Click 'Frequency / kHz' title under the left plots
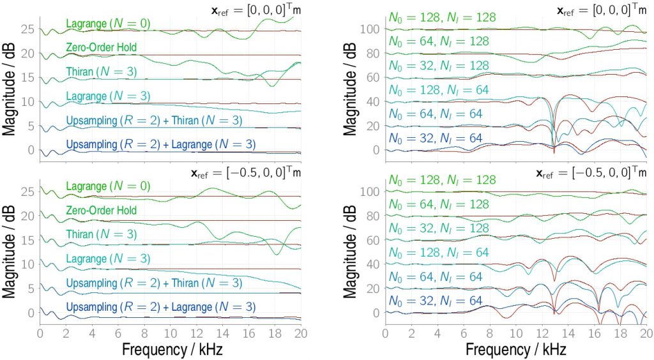pos(171,350)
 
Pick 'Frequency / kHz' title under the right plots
pos(516,350)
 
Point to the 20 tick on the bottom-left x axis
pos(300,333)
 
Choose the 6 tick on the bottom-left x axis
pos(118,333)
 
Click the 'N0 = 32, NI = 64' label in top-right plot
pos(434,138)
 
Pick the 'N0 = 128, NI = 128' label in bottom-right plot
pos(442,181)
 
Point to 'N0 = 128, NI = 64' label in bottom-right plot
pos(438,253)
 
